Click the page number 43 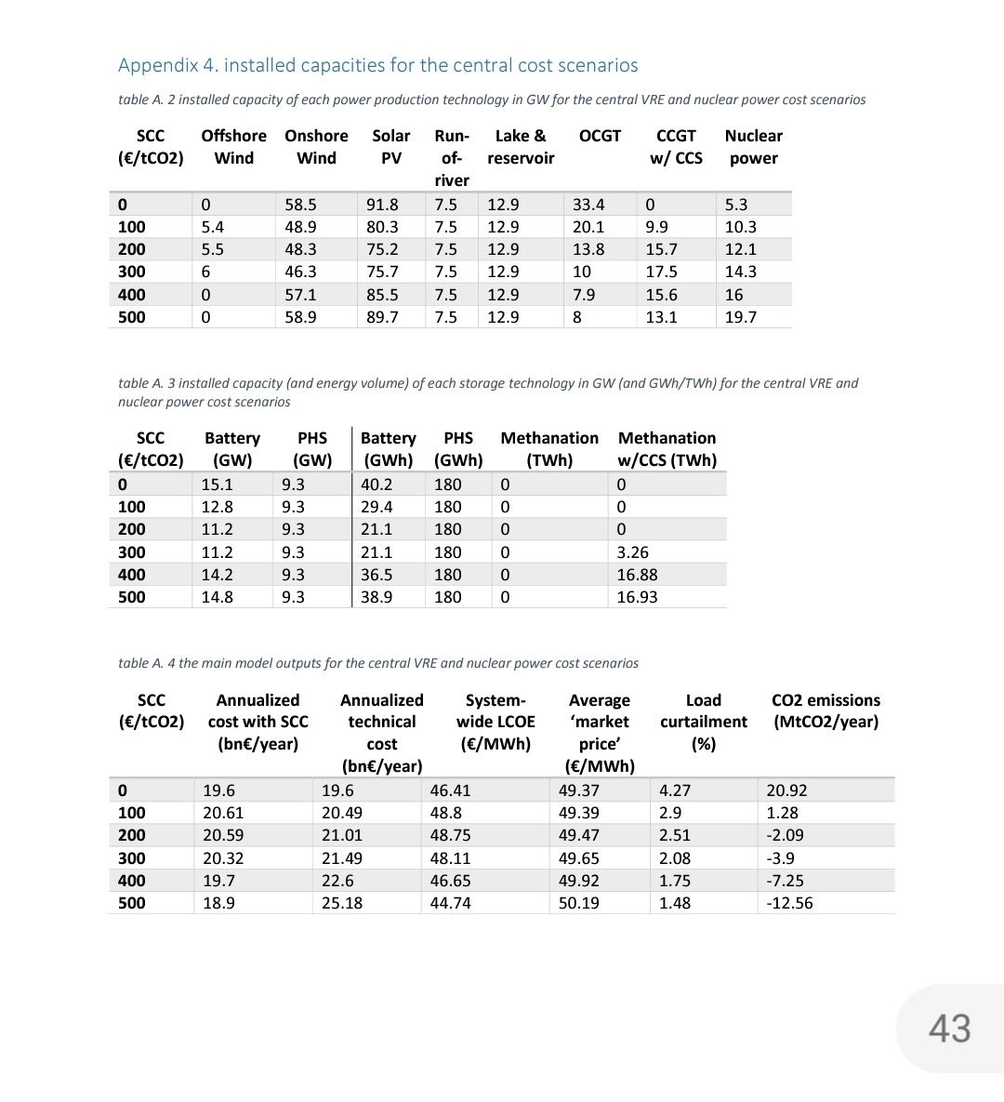pyautogui.click(x=949, y=1029)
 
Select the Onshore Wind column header pyautogui.click(x=316, y=147)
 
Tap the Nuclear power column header pyautogui.click(x=753, y=147)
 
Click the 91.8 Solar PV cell pyautogui.click(x=382, y=205)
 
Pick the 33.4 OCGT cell pyautogui.click(x=588, y=205)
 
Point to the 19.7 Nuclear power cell pyautogui.click(x=741, y=317)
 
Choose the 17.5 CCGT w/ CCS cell pyautogui.click(x=662, y=272)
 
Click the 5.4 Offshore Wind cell pyautogui.click(x=213, y=227)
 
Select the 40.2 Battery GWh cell pyautogui.click(x=376, y=485)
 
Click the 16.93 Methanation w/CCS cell pyautogui.click(x=637, y=597)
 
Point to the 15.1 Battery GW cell pyautogui.click(x=218, y=485)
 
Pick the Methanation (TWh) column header pyautogui.click(x=549, y=449)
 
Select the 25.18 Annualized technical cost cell pyautogui.click(x=342, y=903)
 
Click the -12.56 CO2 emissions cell pyautogui.click(x=789, y=903)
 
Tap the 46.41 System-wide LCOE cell pyautogui.click(x=450, y=790)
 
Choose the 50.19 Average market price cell pyautogui.click(x=578, y=903)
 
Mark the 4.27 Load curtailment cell pyautogui.click(x=675, y=790)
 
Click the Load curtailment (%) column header pyautogui.click(x=703, y=722)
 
